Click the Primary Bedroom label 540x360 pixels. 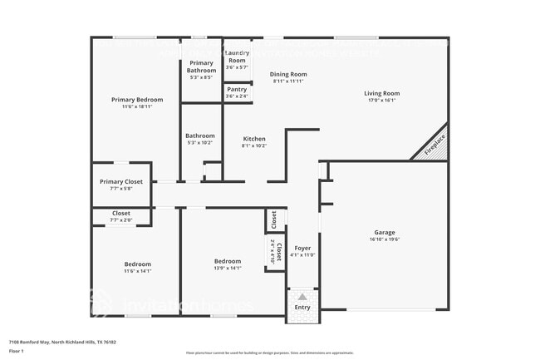[x=137, y=100]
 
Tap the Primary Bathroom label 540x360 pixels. [x=201, y=63]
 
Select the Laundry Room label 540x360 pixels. [x=237, y=57]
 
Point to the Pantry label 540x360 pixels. [x=237, y=89]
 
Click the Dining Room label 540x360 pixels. [x=288, y=74]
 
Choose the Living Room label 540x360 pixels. [x=381, y=93]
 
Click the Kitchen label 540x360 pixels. [x=254, y=139]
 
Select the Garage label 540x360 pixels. [x=384, y=232]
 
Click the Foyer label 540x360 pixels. [x=303, y=247]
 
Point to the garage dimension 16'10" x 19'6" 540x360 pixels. [x=384, y=239]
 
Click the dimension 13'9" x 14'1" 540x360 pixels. [x=227, y=268]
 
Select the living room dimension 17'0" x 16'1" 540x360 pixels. [x=381, y=101]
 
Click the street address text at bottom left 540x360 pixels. [x=62, y=342]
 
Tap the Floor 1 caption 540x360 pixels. [x=17, y=352]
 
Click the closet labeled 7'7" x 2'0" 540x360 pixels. [x=121, y=216]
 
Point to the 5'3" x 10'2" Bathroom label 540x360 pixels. [x=200, y=139]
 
